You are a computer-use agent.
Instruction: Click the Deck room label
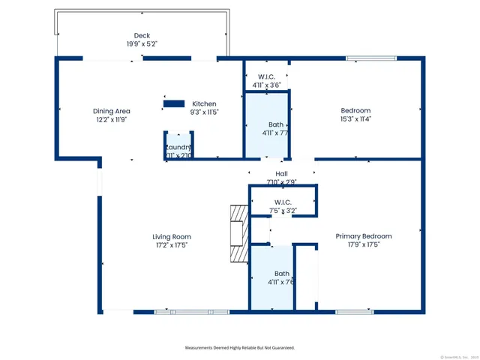pos(142,35)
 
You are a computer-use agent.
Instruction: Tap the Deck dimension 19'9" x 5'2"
pos(142,43)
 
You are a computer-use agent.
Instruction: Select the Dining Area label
pos(112,111)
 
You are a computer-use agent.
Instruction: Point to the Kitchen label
pos(204,103)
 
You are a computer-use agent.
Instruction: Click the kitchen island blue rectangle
pos(174,103)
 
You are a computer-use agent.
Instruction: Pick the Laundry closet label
pos(179,147)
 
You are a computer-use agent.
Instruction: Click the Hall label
pos(282,173)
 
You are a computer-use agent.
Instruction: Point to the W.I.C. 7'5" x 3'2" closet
pos(283,206)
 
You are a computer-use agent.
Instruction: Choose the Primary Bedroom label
pos(364,236)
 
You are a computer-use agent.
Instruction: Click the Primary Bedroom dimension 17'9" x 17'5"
pos(364,244)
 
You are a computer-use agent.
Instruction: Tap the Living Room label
pos(172,236)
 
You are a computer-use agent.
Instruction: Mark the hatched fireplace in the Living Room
pos(238,234)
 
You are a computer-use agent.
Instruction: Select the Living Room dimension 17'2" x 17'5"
pos(172,244)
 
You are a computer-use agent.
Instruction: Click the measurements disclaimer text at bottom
pos(240,348)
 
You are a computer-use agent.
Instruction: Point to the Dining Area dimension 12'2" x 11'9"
pos(112,119)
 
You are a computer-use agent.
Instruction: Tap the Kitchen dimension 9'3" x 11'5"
pos(204,112)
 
